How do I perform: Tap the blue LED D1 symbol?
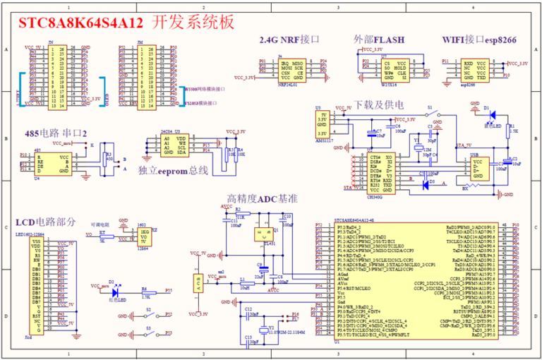coord(492,114)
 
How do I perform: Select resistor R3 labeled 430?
coord(108,158)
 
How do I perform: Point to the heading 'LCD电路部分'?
coord(45,222)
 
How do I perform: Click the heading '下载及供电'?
coord(378,105)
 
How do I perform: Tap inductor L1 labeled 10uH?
coord(243,283)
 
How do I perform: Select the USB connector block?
coord(482,168)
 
